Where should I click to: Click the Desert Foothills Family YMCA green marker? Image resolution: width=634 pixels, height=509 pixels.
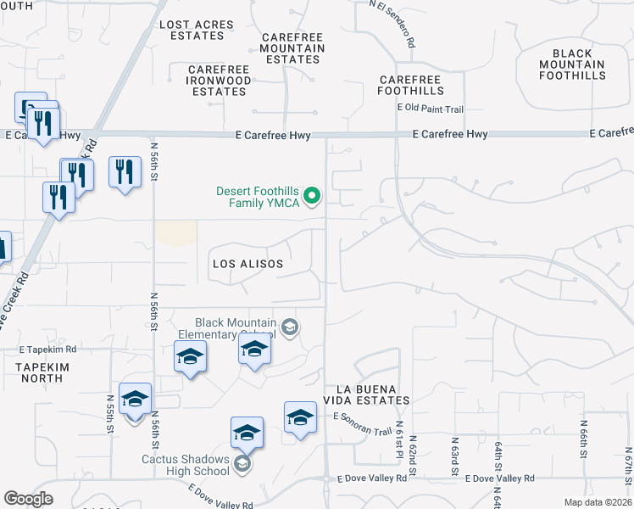(312, 197)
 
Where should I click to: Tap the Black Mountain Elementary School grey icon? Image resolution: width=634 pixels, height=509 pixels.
(290, 328)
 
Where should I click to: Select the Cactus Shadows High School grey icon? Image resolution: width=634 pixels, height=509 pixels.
(242, 462)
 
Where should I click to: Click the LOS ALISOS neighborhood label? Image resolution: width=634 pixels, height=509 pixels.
(247, 264)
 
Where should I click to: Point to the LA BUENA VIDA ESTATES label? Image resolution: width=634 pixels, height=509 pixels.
(372, 394)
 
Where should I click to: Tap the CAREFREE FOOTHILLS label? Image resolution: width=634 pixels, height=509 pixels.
(411, 84)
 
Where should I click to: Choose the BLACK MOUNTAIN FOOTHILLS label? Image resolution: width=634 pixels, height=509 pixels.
(573, 64)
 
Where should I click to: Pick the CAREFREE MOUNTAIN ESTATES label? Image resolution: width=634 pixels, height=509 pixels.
(293, 48)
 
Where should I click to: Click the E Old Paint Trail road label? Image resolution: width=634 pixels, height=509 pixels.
(431, 109)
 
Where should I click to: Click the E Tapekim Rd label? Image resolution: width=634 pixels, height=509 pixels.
(48, 350)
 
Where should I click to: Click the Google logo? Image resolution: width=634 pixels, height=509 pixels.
(28, 499)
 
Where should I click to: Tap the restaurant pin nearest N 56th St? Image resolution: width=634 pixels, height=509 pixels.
(125, 172)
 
